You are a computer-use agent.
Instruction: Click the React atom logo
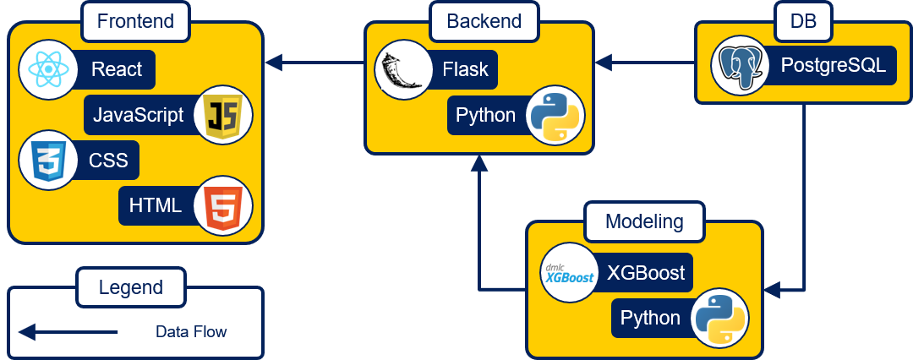click(x=46, y=69)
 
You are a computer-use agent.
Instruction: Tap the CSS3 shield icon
click(x=46, y=160)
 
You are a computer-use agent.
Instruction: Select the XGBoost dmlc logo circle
click(x=568, y=274)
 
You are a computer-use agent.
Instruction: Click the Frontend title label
click(x=135, y=21)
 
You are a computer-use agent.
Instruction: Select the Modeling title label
click(x=644, y=221)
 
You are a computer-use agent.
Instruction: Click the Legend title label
click(x=130, y=287)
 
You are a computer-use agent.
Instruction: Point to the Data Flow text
click(x=191, y=332)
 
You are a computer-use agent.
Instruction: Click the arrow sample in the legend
click(x=68, y=332)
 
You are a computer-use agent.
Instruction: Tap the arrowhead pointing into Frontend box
click(x=274, y=62)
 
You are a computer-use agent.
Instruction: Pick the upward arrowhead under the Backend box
click(x=479, y=164)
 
